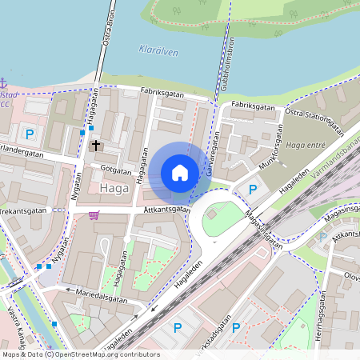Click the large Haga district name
(116, 188)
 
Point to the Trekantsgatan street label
(24, 210)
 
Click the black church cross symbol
(97, 146)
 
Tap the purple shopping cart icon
(94, 214)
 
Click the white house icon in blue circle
(180, 172)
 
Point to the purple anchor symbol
(3, 83)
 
